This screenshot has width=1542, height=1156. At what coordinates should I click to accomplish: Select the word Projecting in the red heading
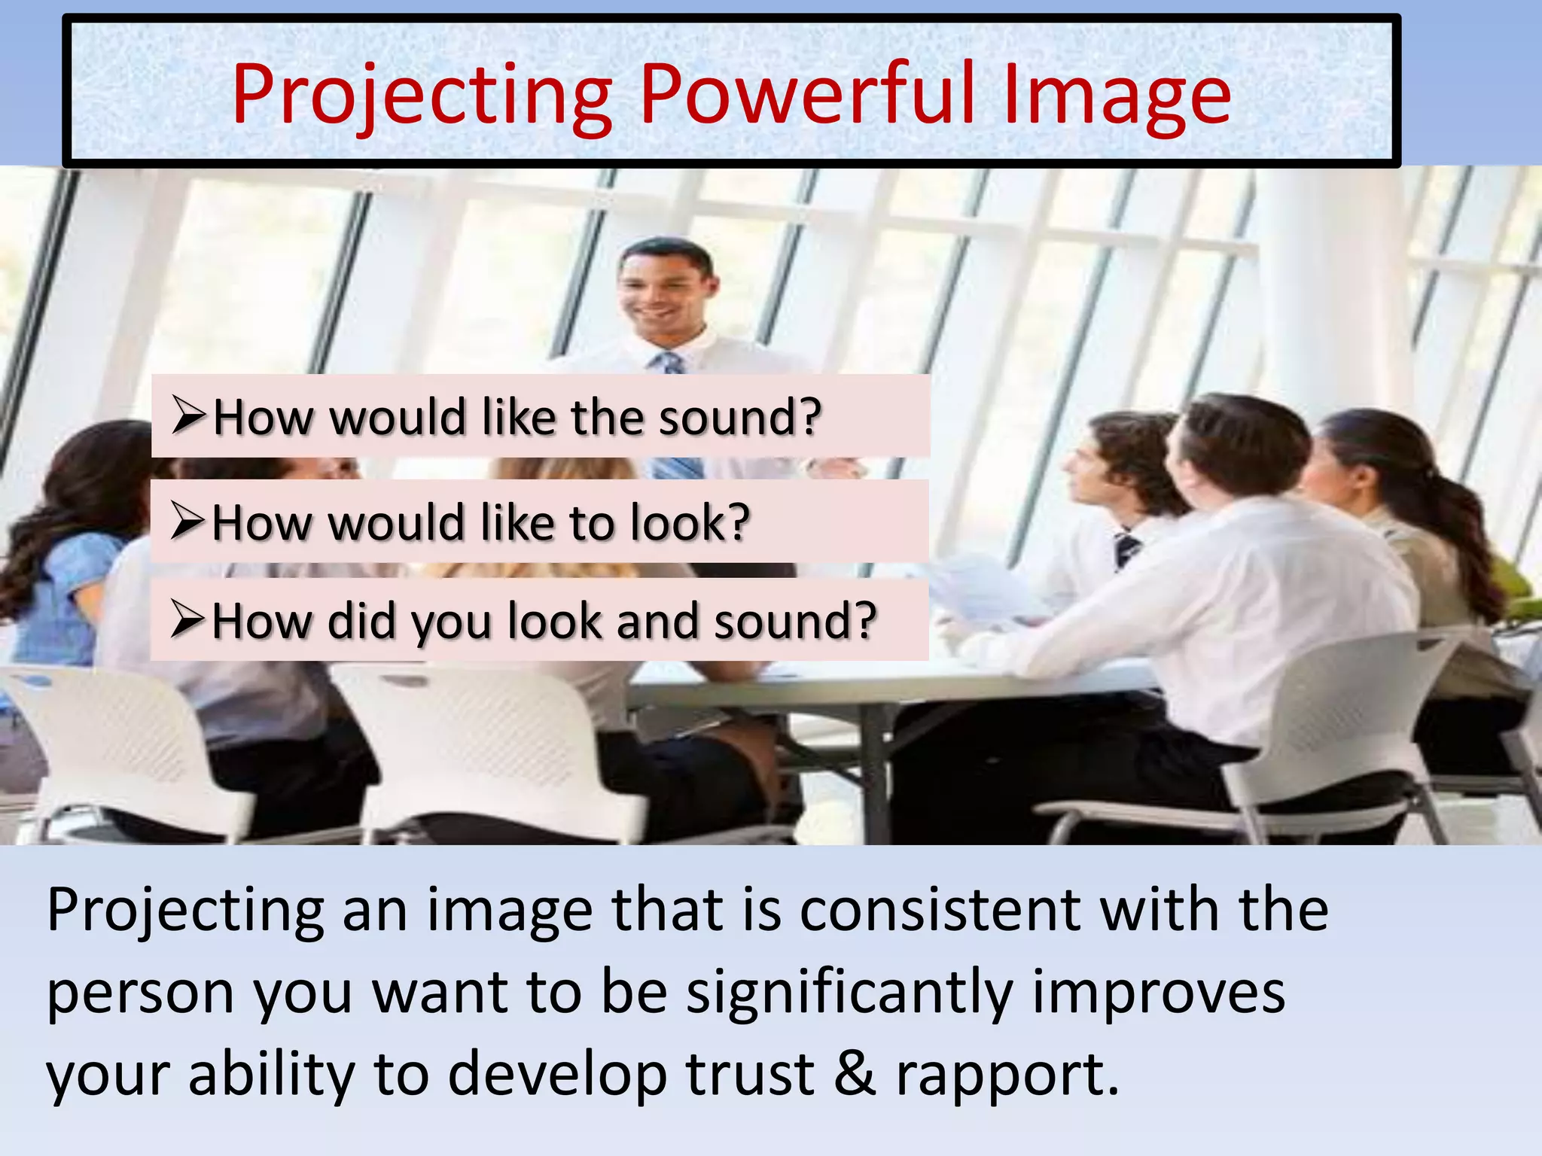click(422, 96)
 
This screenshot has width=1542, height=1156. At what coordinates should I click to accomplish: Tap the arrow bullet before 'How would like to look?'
click(187, 521)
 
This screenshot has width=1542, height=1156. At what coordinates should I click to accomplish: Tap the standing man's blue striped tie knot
click(668, 362)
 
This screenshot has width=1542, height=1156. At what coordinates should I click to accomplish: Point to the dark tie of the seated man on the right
click(1126, 549)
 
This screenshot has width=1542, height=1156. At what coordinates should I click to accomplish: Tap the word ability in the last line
click(271, 1075)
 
